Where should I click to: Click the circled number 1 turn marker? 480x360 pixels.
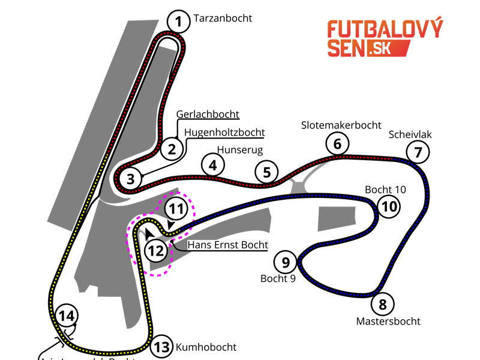[x=178, y=22]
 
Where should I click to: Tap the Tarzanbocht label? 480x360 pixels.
[x=223, y=18]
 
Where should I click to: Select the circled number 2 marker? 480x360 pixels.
[x=172, y=148]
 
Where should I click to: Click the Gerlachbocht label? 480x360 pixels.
[x=208, y=114]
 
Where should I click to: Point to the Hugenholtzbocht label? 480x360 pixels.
[x=224, y=132]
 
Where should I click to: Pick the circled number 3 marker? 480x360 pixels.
[x=130, y=178]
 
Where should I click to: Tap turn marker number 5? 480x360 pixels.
[x=267, y=173]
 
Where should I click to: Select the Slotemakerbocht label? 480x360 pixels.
[x=341, y=125]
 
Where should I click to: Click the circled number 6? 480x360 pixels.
[x=337, y=144]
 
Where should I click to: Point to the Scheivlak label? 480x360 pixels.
[x=410, y=134]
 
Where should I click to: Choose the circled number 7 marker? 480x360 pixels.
[x=418, y=152]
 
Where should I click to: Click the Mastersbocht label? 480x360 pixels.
[x=388, y=321]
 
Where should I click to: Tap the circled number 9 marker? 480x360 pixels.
[x=286, y=262]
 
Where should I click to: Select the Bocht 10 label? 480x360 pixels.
[x=385, y=190]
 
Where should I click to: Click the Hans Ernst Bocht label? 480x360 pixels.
[x=227, y=245]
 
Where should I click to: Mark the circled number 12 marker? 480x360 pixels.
[x=156, y=250]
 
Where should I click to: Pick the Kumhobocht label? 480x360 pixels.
[x=206, y=347]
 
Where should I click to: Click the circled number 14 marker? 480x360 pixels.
[x=67, y=316]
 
